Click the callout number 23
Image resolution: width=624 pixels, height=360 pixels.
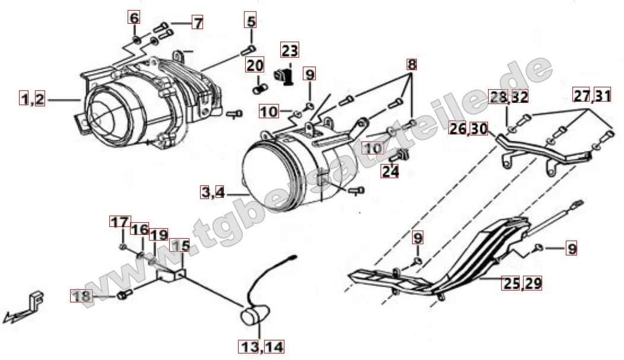(290, 49)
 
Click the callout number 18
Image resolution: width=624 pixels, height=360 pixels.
(81, 295)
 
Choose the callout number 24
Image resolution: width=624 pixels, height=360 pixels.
(135, 18)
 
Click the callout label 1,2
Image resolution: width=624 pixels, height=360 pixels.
(197, 23)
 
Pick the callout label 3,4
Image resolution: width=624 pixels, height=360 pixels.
(411, 64)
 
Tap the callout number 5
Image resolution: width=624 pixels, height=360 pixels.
(251, 23)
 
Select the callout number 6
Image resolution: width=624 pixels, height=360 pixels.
(135, 18)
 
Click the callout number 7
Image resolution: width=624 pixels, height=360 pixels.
(197, 23)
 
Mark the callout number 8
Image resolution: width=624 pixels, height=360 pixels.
(411, 64)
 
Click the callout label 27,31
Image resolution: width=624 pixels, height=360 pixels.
(591, 94)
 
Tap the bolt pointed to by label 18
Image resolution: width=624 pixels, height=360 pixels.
(124, 295)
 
